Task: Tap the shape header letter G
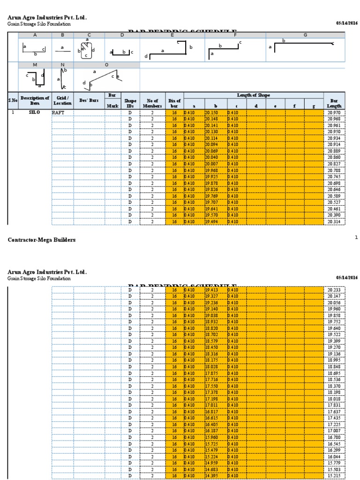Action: (x=305, y=35)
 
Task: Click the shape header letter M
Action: (x=35, y=65)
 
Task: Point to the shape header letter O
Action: (x=106, y=65)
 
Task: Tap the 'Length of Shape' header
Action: (x=254, y=96)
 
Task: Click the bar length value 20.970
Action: (x=334, y=113)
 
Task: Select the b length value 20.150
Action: (x=211, y=113)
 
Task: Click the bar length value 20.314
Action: (x=334, y=222)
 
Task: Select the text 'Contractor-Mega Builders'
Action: (x=42, y=240)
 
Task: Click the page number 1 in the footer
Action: (x=356, y=238)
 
